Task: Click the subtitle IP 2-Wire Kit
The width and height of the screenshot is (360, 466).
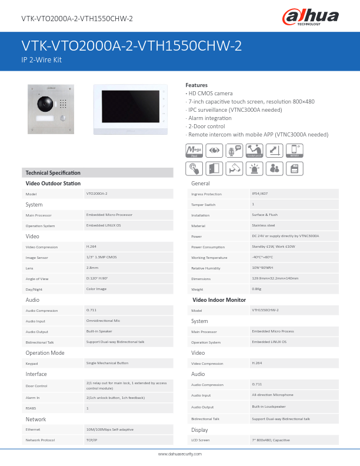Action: pos(42,60)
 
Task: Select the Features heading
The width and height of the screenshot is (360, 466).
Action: pos(196,85)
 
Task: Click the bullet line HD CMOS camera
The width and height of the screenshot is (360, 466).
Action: pos(210,94)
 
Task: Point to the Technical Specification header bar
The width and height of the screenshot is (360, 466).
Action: pos(98,172)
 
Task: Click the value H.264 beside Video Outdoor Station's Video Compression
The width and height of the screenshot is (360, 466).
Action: pos(92,247)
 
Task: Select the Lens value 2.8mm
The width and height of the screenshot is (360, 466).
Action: pos(92,268)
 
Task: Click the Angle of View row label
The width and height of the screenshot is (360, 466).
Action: pos(37,278)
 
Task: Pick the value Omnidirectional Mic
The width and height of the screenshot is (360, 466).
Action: pos(103,321)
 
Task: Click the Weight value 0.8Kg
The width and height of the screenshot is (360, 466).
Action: pos(256,289)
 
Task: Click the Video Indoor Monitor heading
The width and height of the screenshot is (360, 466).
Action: pos(219,300)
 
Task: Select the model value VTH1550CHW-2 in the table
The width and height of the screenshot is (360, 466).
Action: pos(265,310)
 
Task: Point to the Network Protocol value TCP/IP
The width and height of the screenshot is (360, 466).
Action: pos(92,440)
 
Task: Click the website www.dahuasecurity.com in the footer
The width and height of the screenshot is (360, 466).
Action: pos(180,454)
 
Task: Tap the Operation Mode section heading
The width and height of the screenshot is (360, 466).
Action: pos(45,353)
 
